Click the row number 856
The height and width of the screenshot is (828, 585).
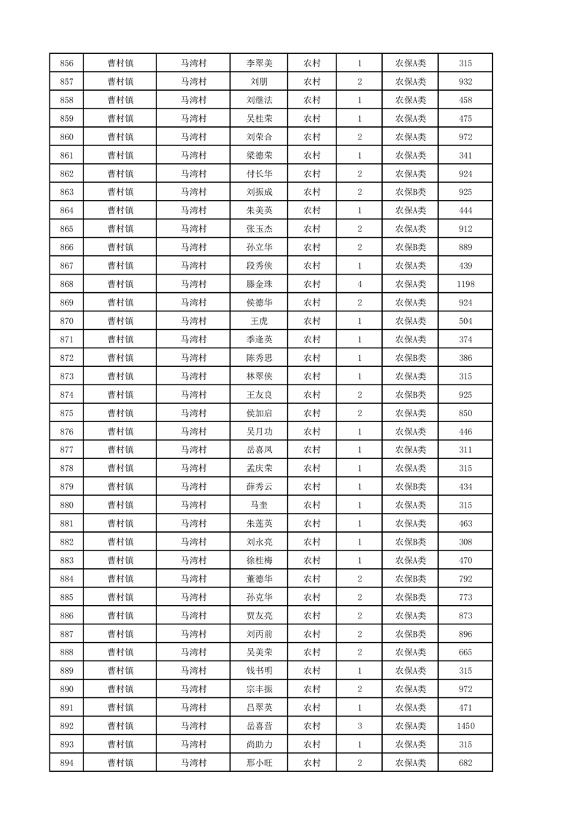click(x=66, y=63)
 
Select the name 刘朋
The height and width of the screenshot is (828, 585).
click(x=259, y=82)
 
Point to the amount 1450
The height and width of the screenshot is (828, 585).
click(x=465, y=726)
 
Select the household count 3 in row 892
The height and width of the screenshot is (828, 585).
click(x=359, y=726)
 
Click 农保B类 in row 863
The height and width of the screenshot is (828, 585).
click(x=410, y=192)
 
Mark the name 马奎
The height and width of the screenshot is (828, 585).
click(x=259, y=506)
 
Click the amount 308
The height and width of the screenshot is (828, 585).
click(x=465, y=542)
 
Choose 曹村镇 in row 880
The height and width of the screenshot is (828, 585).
click(x=120, y=506)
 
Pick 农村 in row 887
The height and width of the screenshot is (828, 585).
click(x=312, y=634)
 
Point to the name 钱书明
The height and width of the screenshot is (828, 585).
click(x=259, y=671)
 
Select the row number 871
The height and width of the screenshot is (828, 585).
click(x=66, y=339)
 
